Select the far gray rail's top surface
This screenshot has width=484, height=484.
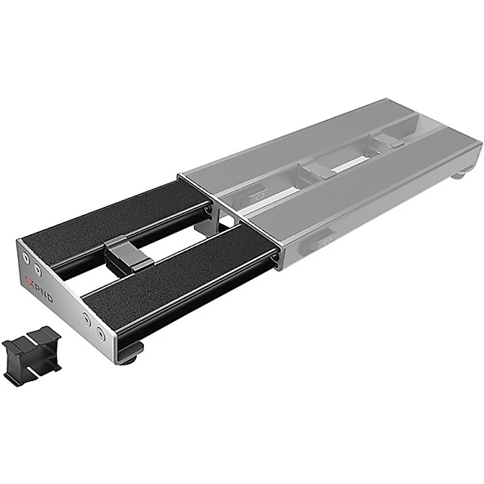coord(302,139)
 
